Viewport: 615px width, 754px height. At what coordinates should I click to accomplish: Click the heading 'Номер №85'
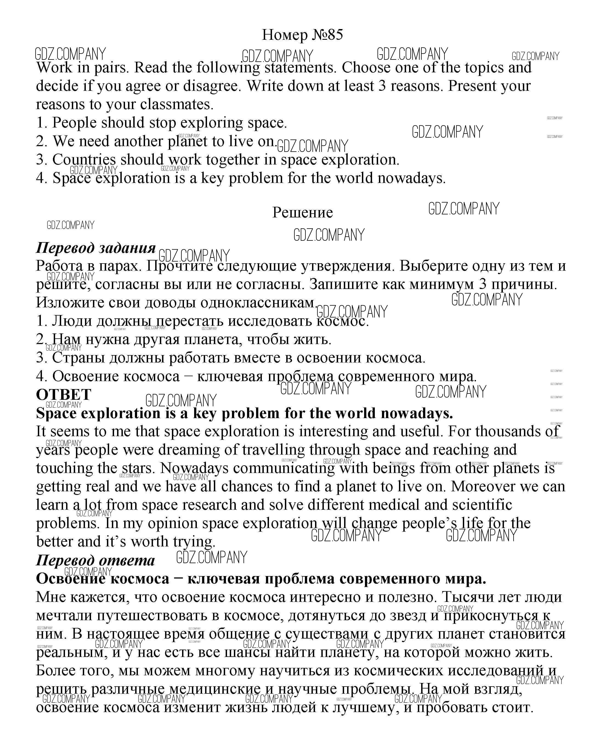coord(302,35)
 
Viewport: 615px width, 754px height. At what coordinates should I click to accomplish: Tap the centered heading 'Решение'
coord(302,212)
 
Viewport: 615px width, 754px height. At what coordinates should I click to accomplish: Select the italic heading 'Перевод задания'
coord(96,248)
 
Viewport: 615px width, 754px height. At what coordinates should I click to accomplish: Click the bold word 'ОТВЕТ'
coord(64,395)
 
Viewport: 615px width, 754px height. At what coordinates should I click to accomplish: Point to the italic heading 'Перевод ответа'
coord(96,560)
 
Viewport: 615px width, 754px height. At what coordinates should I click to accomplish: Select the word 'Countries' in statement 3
coord(84,160)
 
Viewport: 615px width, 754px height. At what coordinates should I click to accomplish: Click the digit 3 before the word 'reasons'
coord(382,86)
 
